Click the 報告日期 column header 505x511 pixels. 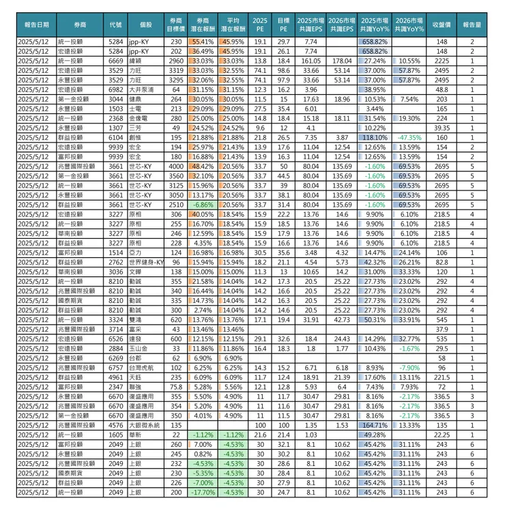click(x=36, y=25)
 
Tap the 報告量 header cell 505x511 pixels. click(x=472, y=25)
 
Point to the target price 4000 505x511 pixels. click(x=175, y=166)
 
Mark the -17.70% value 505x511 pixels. click(x=202, y=491)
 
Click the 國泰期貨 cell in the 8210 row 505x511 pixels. click(x=75, y=300)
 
